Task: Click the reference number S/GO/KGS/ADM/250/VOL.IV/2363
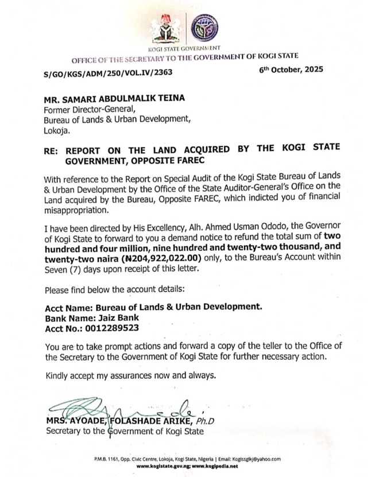[108, 73]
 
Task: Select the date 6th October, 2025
[291, 69]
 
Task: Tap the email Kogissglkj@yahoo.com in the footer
[257, 459]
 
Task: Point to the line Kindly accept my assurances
[131, 376]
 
